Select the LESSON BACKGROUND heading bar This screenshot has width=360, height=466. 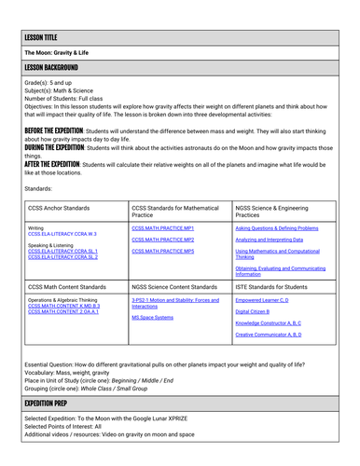tap(52, 68)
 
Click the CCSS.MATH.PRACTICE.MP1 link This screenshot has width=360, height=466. tap(162, 227)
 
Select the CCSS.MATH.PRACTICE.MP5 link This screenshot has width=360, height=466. tap(162, 251)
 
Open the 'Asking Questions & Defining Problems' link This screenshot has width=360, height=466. tap(276, 227)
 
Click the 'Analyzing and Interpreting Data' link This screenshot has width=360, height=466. tap(270, 240)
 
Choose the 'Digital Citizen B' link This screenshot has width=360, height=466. tap(254, 311)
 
